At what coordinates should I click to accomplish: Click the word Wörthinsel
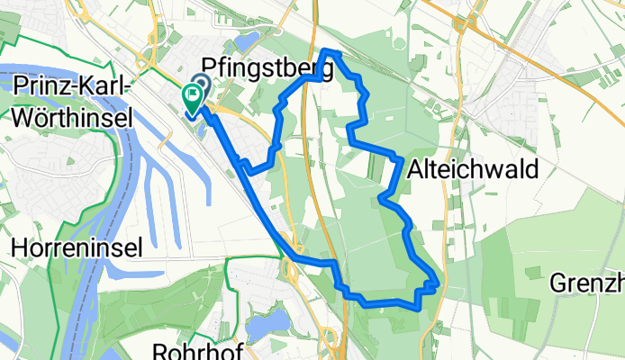pos(67,116)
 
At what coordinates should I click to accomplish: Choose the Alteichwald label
pos(473,168)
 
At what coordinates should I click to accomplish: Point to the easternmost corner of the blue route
pos(437,283)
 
